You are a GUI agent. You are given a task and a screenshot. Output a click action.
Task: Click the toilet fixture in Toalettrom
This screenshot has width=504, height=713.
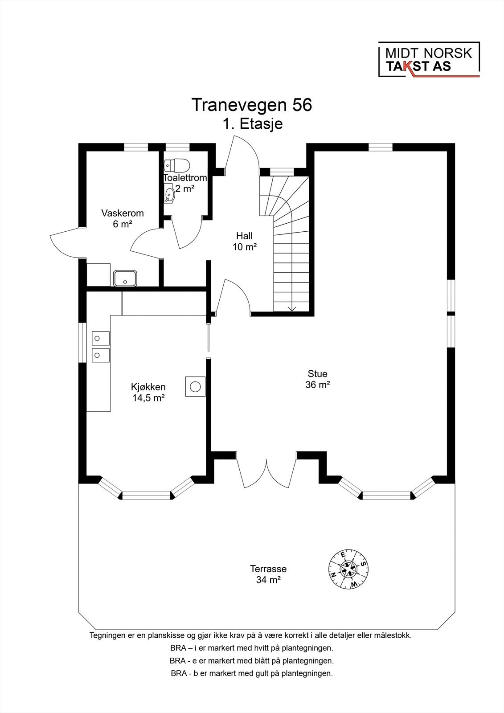pos(177,165)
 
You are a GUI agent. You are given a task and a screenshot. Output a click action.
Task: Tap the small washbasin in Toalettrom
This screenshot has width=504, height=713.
pos(169,194)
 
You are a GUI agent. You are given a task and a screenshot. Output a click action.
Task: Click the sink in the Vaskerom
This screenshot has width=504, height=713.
pos(125,278)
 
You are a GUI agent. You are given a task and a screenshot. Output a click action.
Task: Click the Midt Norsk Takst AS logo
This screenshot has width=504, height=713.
pos(429,60)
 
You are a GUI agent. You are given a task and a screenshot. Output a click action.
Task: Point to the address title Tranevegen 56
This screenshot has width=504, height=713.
pos(252,105)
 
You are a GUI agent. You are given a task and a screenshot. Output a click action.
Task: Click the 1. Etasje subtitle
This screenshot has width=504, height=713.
pos(253,124)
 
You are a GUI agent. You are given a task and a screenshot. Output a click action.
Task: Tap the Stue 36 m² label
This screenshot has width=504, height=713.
pos(317,379)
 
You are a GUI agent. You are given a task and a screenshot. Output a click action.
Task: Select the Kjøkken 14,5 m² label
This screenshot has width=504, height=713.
pos(148,393)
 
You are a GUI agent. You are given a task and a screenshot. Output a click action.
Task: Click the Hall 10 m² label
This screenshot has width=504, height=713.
pos(244,241)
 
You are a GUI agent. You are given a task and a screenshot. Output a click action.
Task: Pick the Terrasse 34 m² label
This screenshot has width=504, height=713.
pos(268,574)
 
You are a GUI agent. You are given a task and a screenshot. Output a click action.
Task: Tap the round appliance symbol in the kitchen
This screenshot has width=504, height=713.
pos(195,386)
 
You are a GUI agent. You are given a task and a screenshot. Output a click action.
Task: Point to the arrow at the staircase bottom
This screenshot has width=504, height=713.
pos(292,308)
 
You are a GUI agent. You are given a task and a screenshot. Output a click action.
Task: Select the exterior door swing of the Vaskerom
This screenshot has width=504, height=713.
pos(66,243)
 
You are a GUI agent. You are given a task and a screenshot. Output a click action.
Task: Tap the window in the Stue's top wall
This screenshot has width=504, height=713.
pos(380,147)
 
